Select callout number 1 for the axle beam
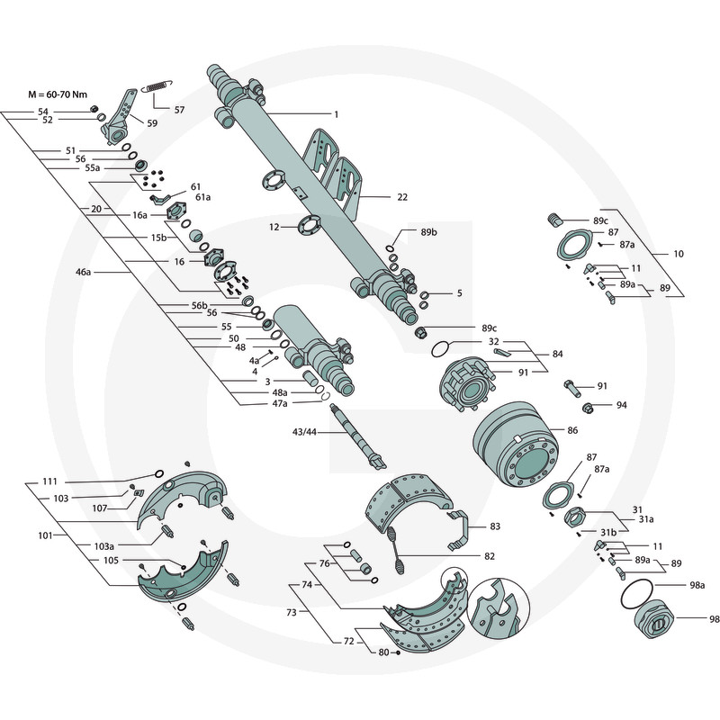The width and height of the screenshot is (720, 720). click(335, 114)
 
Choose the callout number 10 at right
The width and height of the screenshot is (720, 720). click(678, 254)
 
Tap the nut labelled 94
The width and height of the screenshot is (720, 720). click(586, 408)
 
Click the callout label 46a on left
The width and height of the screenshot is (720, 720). click(83, 270)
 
